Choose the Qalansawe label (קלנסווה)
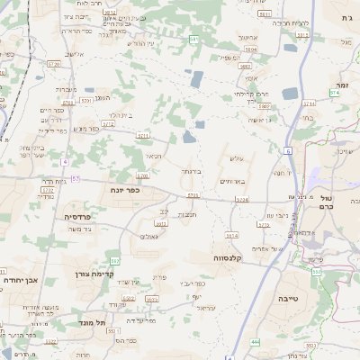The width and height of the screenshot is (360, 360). pos(232,256)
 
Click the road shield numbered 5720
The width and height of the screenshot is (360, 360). pos(53,65)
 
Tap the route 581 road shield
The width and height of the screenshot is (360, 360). pos(194,40)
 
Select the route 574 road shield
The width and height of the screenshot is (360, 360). pos(335,92)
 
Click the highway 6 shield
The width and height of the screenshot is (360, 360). pos(287,150)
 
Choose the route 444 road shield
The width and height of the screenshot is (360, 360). pos(256,342)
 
